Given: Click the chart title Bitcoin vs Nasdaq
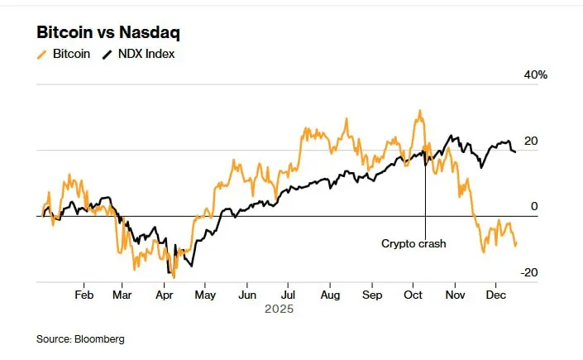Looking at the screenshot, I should (108, 33).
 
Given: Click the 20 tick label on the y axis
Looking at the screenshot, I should (531, 141).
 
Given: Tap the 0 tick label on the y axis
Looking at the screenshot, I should (534, 207).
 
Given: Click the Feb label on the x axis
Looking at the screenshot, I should (84, 295).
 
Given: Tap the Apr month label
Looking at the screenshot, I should (165, 295).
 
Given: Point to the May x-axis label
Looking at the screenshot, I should (205, 295).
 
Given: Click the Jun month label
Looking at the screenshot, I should (247, 295).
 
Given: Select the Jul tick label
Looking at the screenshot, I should (287, 295).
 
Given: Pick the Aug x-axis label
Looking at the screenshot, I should (330, 295).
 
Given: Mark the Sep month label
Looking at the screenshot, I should (373, 295).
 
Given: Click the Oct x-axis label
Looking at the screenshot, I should (413, 295).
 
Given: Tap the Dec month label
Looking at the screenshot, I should (496, 295).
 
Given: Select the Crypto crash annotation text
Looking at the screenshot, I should (413, 243).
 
